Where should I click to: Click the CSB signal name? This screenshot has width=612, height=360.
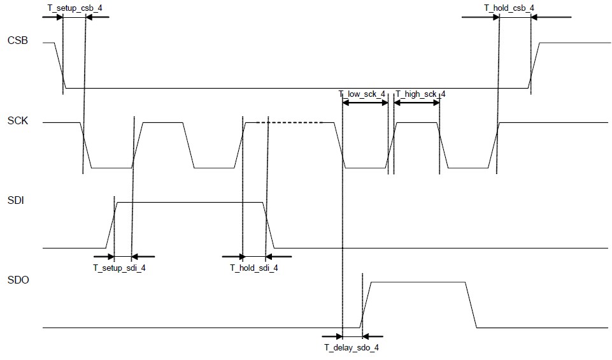[x=17, y=43]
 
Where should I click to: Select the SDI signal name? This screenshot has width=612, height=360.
[x=15, y=200]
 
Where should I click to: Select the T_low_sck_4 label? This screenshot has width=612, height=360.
[x=362, y=95]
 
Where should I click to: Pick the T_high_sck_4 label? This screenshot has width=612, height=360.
[x=420, y=95]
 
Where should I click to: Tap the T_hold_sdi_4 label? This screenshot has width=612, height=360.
[x=254, y=268]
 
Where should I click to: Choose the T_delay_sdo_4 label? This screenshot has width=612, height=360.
[x=352, y=347]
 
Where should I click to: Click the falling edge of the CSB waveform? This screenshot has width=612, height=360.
[x=60, y=65]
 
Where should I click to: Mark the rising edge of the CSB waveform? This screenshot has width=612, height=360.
[x=534, y=65]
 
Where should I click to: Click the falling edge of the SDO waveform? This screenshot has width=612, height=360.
[x=471, y=305]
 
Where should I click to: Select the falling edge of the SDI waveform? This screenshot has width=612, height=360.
[x=268, y=225]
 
